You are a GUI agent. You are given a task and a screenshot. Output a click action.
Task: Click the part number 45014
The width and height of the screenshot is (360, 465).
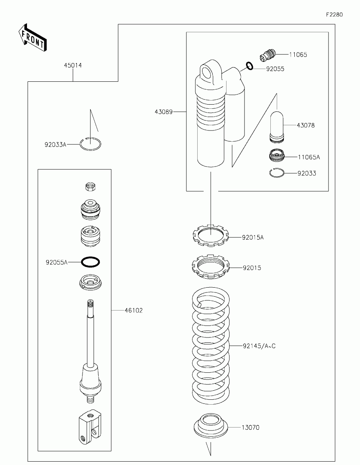(72, 65)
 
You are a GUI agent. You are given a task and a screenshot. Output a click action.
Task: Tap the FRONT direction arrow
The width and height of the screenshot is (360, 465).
(32, 37)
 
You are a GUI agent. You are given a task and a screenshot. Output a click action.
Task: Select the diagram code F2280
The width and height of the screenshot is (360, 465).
(334, 15)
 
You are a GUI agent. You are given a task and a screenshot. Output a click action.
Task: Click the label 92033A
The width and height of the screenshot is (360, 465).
(55, 144)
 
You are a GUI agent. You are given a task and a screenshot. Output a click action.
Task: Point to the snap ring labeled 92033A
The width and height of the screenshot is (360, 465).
(90, 144)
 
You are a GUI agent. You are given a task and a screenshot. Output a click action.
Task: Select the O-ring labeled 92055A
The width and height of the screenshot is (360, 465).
(90, 262)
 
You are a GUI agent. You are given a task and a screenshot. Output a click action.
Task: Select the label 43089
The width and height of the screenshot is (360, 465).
(163, 111)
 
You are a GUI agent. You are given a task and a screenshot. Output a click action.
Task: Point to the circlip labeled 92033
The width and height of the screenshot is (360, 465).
(277, 172)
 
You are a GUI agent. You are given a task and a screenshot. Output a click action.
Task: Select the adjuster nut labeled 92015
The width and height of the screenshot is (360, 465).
(210, 267)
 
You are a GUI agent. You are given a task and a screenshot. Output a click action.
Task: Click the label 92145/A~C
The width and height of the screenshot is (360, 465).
(259, 346)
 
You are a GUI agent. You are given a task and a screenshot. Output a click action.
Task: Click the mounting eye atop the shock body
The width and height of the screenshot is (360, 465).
(207, 72)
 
